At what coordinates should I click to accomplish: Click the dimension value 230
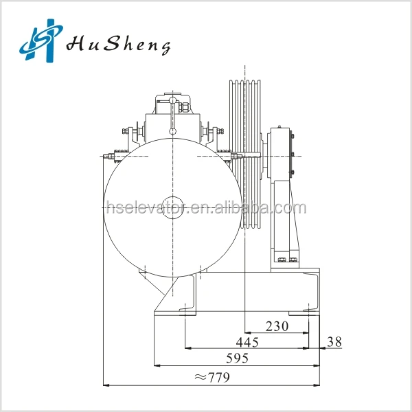[x=277, y=326]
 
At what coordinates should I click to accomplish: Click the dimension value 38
[x=334, y=341]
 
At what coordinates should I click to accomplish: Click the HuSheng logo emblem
[x=39, y=43]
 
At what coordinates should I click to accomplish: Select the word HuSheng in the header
[x=117, y=45]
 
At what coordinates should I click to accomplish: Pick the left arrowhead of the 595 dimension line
[x=157, y=366]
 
